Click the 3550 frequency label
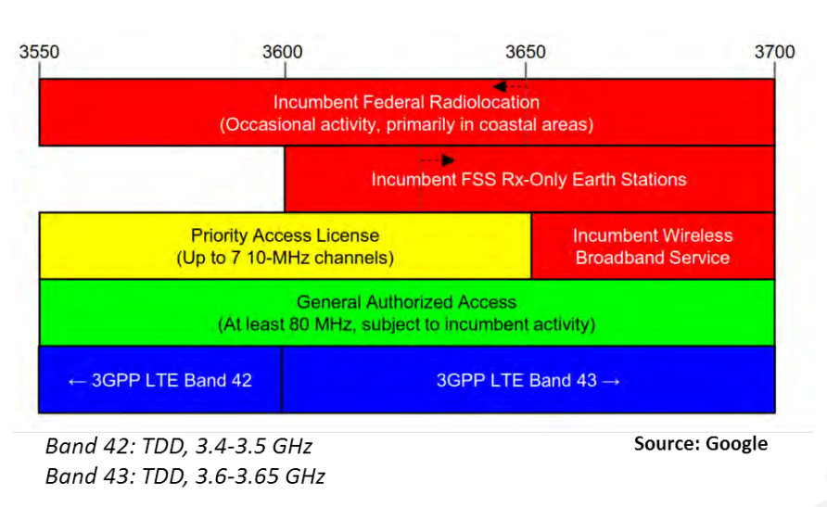[x=39, y=52]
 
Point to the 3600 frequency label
[x=283, y=52]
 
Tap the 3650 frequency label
[x=526, y=52]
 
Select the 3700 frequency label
[x=774, y=52]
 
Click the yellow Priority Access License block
[x=286, y=247]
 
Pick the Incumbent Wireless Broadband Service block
[x=653, y=247]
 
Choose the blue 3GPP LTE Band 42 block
[x=160, y=379]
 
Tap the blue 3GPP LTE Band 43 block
[x=528, y=379]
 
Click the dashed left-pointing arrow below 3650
[x=510, y=86]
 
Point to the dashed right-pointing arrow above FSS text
[x=438, y=159]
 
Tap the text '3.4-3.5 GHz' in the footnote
[x=254, y=447]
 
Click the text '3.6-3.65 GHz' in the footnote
[x=260, y=476]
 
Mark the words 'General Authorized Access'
[x=406, y=302]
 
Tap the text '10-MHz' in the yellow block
[x=277, y=258]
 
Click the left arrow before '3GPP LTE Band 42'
[x=77, y=381]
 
